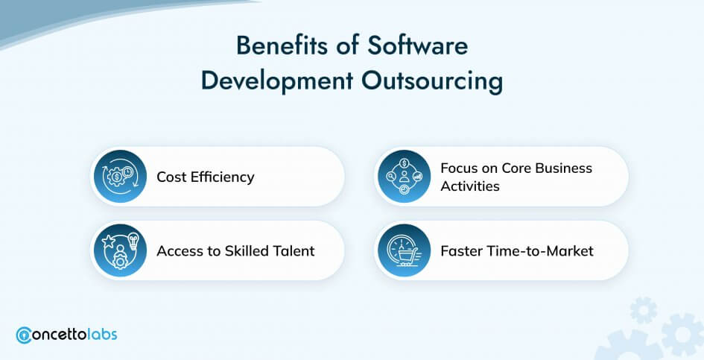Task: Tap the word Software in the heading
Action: click(417, 45)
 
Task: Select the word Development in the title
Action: click(277, 82)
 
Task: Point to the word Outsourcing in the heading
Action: click(432, 82)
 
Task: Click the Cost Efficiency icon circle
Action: click(121, 176)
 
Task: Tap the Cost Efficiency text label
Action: click(205, 177)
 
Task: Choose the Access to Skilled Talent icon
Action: click(121, 250)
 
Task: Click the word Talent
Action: click(294, 250)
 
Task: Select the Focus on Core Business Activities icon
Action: click(404, 176)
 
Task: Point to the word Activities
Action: click(469, 186)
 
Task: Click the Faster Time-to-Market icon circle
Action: click(404, 250)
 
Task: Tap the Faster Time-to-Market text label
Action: click(517, 250)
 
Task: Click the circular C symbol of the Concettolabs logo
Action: click(24, 335)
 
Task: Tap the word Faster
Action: click(460, 250)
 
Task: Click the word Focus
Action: click(456, 168)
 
